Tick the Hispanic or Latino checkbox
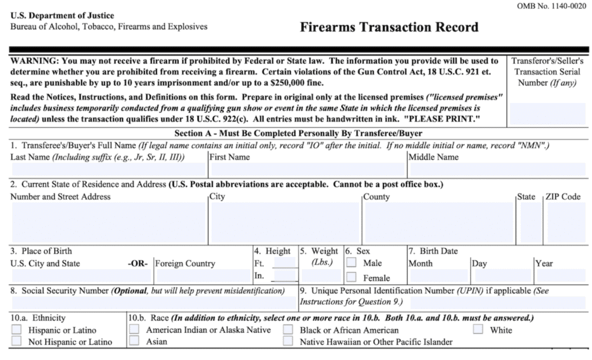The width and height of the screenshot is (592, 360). pyautogui.click(x=17, y=330)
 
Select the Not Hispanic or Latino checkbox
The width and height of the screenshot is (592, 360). pyautogui.click(x=17, y=341)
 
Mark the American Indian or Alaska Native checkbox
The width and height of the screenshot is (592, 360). pyautogui.click(x=134, y=330)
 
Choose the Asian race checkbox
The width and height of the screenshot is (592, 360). pyautogui.click(x=134, y=341)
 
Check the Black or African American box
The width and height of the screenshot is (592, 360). pyautogui.click(x=288, y=330)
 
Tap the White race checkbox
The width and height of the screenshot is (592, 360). pyautogui.click(x=478, y=330)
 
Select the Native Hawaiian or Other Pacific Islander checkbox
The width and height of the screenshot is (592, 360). pyautogui.click(x=288, y=341)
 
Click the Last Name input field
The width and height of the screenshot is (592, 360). pyautogui.click(x=108, y=170)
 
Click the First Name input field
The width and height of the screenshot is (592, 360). pyautogui.click(x=307, y=170)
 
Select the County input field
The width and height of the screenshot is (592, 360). pyautogui.click(x=438, y=222)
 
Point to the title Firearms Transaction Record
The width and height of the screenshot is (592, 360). pyautogui.click(x=389, y=27)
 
